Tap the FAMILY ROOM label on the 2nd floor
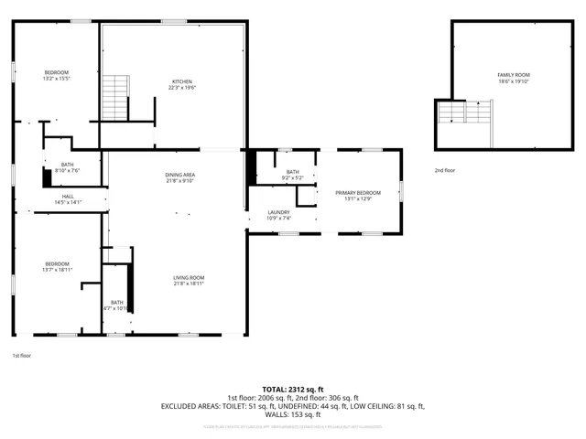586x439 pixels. (513, 75)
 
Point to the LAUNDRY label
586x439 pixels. (278, 212)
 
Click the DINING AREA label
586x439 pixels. (179, 174)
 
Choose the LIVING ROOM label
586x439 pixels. (189, 277)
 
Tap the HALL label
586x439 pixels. (69, 196)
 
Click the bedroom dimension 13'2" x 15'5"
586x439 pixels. (57, 79)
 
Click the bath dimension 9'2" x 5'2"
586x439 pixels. (292, 177)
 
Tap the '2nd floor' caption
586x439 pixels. (446, 171)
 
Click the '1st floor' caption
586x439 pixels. (21, 355)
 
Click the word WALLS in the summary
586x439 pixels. (277, 413)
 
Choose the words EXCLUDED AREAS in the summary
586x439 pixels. (190, 405)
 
